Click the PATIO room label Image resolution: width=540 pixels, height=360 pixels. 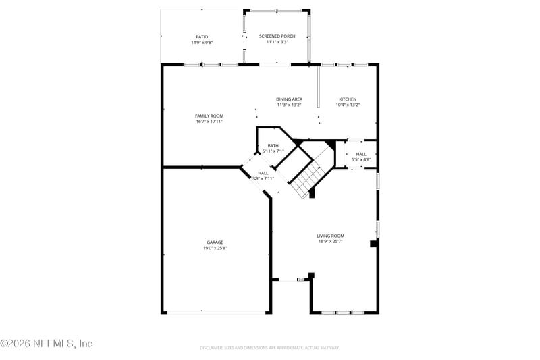tap(202, 36)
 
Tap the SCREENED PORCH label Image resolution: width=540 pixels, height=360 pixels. tap(277, 36)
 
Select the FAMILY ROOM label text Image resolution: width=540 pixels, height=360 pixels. tap(209, 115)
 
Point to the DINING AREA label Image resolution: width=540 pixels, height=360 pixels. tap(289, 99)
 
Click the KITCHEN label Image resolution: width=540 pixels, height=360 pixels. tap(348, 99)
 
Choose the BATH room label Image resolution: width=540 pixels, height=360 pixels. tap(273, 145)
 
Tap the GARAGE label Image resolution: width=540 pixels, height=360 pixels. tap(215, 242)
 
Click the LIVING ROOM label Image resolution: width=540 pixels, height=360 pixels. tap(331, 236)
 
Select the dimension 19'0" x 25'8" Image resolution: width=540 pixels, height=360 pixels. tap(215, 248)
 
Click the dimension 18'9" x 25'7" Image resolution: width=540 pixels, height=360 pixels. tap(331, 241)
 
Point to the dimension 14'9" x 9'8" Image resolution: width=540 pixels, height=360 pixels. tap(202, 42)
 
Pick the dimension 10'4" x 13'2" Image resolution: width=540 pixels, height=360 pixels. tap(348, 105)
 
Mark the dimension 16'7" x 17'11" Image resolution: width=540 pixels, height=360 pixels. tap(209, 122)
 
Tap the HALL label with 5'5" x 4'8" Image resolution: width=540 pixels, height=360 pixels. tap(361, 154)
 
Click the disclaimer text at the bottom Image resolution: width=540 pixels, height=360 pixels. tap(269, 348)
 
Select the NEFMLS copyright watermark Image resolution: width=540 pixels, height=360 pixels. tap(46, 344)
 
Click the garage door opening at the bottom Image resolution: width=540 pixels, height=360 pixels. tap(216, 312)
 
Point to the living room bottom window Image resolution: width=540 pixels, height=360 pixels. tap(343, 312)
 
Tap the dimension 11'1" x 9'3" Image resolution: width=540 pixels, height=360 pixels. tap(277, 42)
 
